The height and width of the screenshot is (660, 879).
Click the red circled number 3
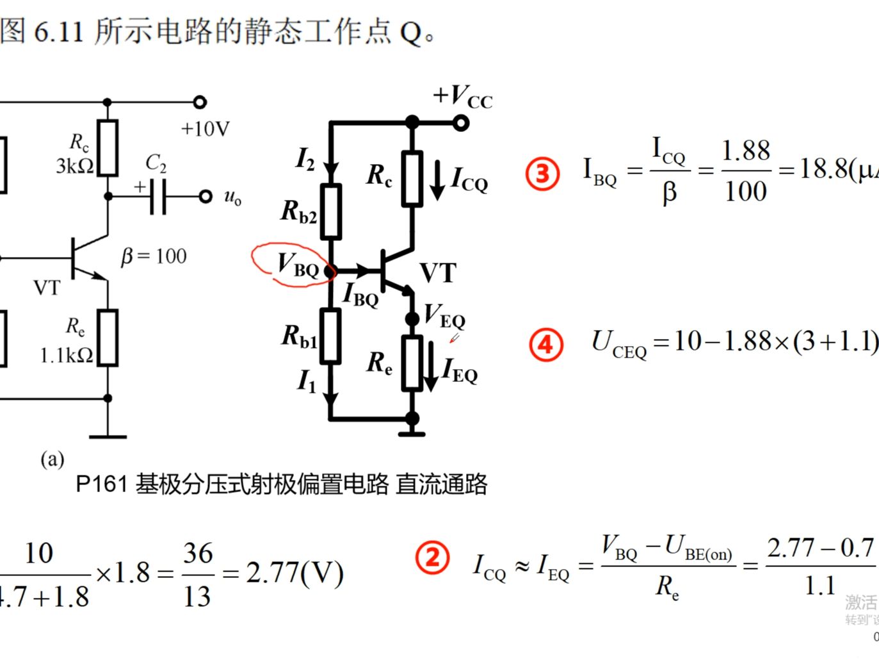542,174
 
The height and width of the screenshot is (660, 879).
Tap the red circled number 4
545,345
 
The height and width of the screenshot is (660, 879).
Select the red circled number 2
433,557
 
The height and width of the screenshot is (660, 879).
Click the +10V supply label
205,129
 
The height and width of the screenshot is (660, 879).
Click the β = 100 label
154,256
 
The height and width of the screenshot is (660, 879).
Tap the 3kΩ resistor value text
74,166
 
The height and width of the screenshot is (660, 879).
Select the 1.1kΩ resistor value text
66,355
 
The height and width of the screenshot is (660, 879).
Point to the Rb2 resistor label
298,211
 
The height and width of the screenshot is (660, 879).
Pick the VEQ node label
444,315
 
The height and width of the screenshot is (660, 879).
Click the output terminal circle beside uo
205,196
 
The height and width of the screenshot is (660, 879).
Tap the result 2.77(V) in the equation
294,572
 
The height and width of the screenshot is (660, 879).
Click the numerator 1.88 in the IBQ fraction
745,151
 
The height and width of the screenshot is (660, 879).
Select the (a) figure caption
52,459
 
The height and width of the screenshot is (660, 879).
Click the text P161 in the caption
101,484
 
